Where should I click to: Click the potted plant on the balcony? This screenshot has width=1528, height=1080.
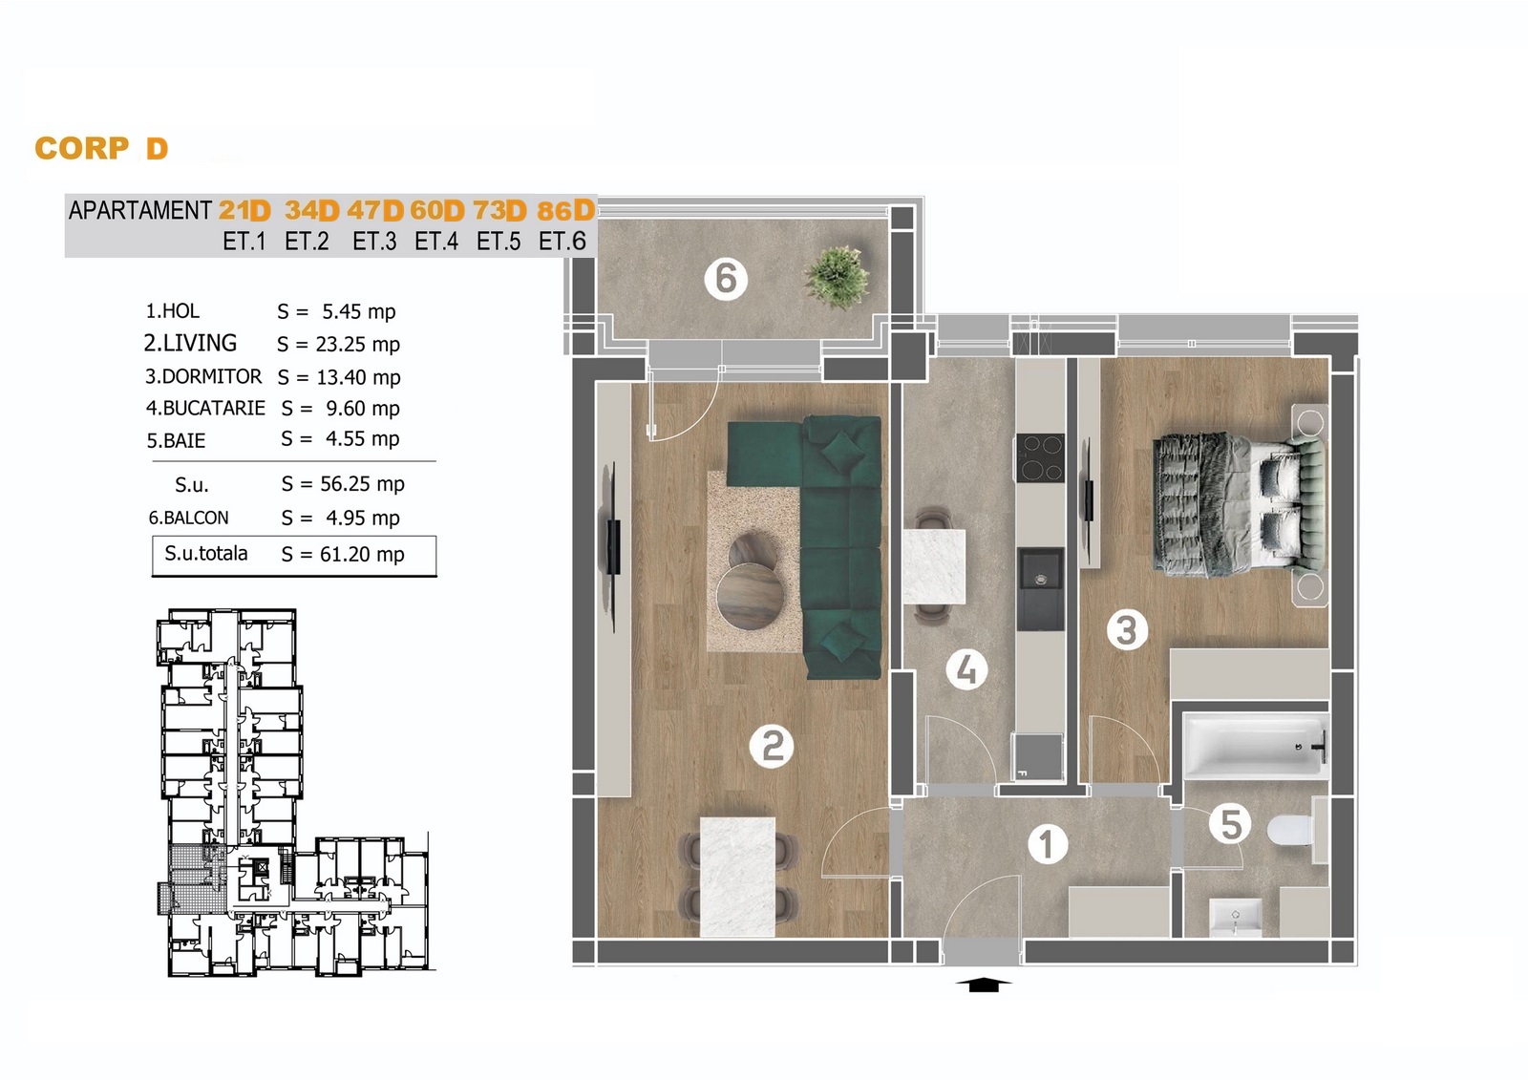tap(837, 278)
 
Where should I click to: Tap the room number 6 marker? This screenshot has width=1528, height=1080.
tap(726, 279)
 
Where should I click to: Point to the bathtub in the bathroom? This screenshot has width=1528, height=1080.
tap(1257, 746)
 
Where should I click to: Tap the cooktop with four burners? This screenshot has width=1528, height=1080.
tap(1040, 457)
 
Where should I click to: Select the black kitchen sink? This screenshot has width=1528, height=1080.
tap(1040, 589)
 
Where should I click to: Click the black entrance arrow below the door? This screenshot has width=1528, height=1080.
tap(983, 985)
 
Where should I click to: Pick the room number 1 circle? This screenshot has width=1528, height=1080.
tap(1047, 844)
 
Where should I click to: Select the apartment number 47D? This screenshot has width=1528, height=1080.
tap(375, 210)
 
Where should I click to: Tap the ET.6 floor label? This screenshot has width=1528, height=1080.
tap(562, 241)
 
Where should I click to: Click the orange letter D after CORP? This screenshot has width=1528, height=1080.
tap(157, 148)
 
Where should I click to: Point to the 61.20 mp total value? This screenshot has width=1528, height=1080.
tap(362, 554)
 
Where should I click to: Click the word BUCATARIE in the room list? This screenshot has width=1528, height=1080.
tap(214, 408)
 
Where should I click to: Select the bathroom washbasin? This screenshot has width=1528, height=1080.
tap(1235, 917)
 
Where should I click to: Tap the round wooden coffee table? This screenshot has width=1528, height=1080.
tap(750, 597)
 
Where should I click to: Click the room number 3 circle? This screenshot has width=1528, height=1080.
tap(1126, 629)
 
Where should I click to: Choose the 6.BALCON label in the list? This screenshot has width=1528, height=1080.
tap(188, 518)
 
